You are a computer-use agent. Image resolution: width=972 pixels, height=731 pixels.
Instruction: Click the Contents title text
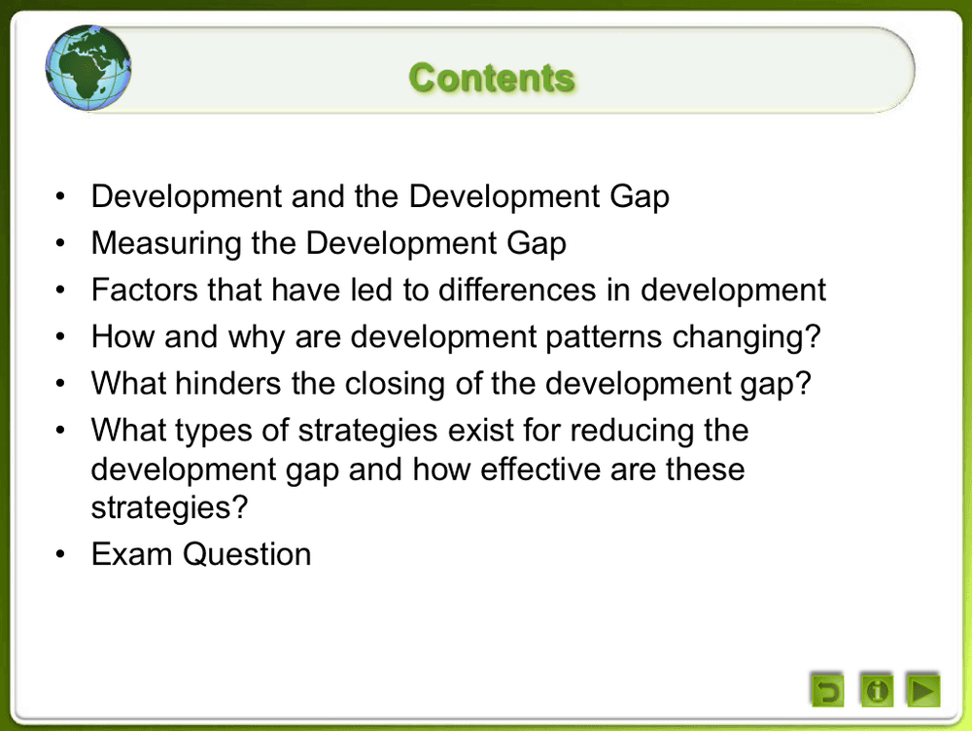coord(491,78)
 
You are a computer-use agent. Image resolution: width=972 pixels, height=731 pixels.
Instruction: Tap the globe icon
coord(89,67)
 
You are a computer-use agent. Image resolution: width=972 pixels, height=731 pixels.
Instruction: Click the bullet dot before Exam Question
coord(61,555)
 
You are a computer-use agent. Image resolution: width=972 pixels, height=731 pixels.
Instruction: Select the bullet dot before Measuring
coord(61,244)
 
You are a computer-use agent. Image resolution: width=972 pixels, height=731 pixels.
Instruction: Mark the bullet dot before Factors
coord(61,291)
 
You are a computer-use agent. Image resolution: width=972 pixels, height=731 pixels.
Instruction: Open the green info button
coord(877,690)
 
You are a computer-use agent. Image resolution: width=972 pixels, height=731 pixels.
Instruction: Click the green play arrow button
coord(922,690)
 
